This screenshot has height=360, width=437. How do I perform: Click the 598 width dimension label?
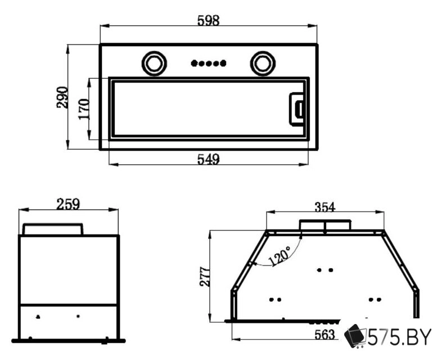209,20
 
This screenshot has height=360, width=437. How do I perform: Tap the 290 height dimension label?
62,97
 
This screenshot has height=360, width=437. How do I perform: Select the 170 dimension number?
84,109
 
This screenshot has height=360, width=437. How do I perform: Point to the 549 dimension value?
209,159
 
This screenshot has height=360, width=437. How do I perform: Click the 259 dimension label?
68,204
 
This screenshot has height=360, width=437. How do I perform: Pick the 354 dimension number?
325,207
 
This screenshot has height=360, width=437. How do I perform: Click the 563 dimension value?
325,334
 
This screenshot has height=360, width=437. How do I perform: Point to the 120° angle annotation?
280,256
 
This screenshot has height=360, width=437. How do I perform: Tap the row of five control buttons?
209,64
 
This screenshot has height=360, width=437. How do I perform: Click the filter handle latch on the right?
297,109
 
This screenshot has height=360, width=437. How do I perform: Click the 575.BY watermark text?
399,337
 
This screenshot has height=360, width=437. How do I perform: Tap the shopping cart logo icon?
355,336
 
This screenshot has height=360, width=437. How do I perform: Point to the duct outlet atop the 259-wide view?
53,229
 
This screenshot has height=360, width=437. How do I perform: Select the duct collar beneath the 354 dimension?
325,225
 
